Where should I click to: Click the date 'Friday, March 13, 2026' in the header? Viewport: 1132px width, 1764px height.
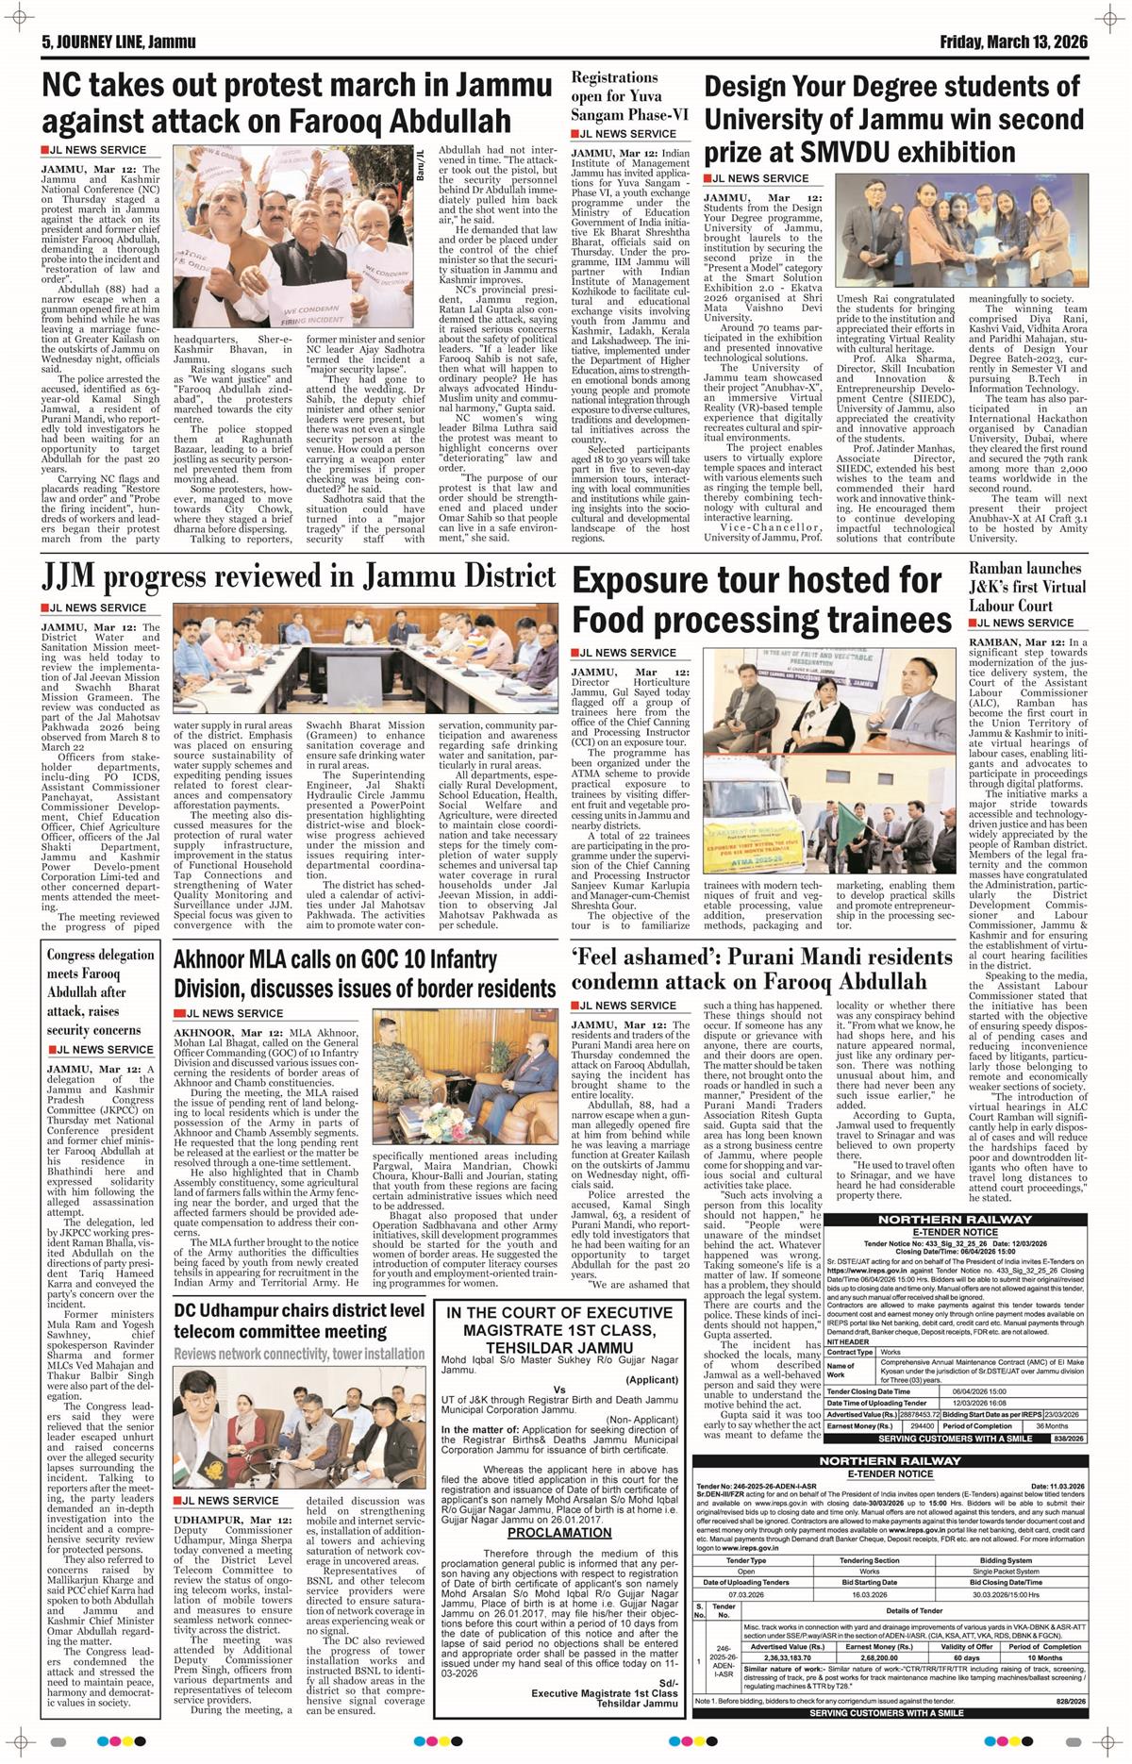[1013, 42]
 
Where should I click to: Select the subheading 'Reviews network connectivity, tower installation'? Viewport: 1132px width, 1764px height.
[299, 1354]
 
